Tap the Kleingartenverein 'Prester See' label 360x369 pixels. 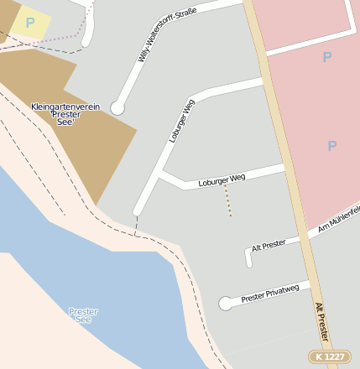[65, 115]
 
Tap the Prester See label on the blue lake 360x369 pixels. [83, 315]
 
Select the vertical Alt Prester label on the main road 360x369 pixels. [322, 322]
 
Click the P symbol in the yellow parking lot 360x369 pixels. [30, 23]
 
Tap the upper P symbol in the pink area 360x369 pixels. [326, 57]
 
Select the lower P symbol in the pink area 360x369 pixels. [331, 146]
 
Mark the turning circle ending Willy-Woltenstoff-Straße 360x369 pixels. [117, 108]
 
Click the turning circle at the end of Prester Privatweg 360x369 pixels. [225, 304]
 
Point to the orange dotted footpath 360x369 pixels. [227, 201]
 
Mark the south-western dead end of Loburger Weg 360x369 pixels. [138, 210]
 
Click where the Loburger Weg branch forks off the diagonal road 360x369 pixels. [160, 174]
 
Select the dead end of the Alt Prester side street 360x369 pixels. [249, 263]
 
